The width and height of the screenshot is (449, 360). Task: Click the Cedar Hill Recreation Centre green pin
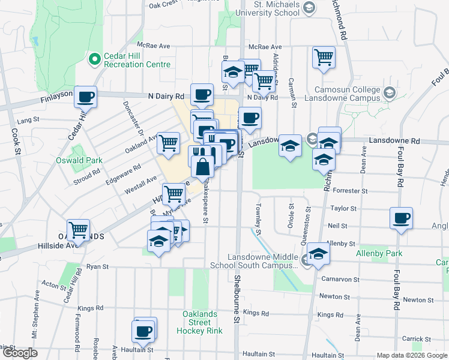pyautogui.click(x=94, y=59)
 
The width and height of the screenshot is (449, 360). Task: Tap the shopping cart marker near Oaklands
pyautogui.click(x=78, y=229)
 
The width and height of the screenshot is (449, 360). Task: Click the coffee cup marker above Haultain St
pyautogui.click(x=145, y=331)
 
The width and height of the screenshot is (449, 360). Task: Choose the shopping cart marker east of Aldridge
pyautogui.click(x=324, y=57)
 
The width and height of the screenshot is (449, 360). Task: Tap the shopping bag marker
pyautogui.click(x=203, y=165)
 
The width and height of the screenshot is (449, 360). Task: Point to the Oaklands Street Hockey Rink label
pyautogui.click(x=202, y=322)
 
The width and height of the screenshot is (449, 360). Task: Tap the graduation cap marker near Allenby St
pyautogui.click(x=319, y=254)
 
